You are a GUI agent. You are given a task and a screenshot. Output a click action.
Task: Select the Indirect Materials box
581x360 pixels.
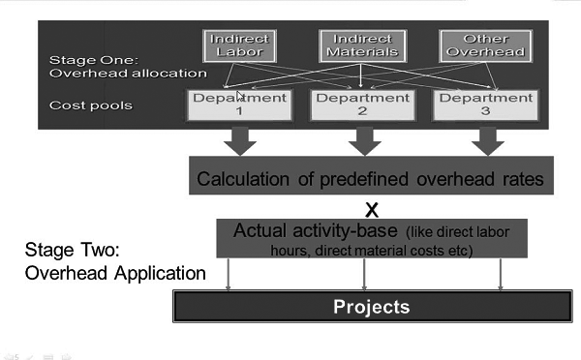tap(361, 45)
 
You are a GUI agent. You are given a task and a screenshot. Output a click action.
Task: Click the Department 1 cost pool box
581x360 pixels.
tap(239, 105)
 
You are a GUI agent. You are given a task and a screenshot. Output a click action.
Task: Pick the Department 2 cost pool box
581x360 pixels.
tap(361, 105)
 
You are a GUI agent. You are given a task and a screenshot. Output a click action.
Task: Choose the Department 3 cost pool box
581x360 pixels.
tap(481, 105)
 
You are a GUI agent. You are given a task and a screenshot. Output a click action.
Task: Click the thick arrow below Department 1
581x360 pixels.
tap(239, 139)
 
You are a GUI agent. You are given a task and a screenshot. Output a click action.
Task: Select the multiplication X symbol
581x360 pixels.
tap(369, 208)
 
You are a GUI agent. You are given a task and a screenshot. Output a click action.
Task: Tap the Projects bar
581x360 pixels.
tap(371, 307)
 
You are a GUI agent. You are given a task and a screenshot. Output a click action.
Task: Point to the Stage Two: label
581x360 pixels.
tap(70, 251)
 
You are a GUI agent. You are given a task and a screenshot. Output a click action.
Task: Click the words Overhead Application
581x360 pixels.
tap(115, 274)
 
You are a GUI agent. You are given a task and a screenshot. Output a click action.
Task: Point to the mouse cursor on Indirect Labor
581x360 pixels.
tap(240, 95)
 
